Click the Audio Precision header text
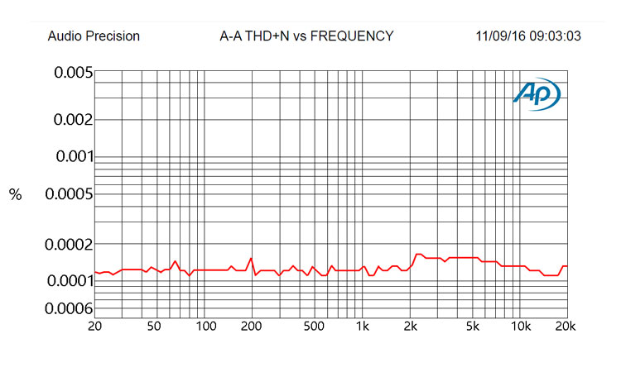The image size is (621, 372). pos(94,36)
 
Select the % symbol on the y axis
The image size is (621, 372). pos(15,195)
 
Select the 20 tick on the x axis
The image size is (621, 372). pos(96,327)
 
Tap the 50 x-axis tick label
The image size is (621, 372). pos(154,327)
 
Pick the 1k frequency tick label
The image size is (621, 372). pos(361,327)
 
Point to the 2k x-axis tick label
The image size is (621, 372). pos(410,327)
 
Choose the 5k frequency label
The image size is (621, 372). pos(473,327)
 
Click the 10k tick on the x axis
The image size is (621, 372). pos(520,327)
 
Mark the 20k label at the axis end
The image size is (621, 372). pos(566,327)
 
